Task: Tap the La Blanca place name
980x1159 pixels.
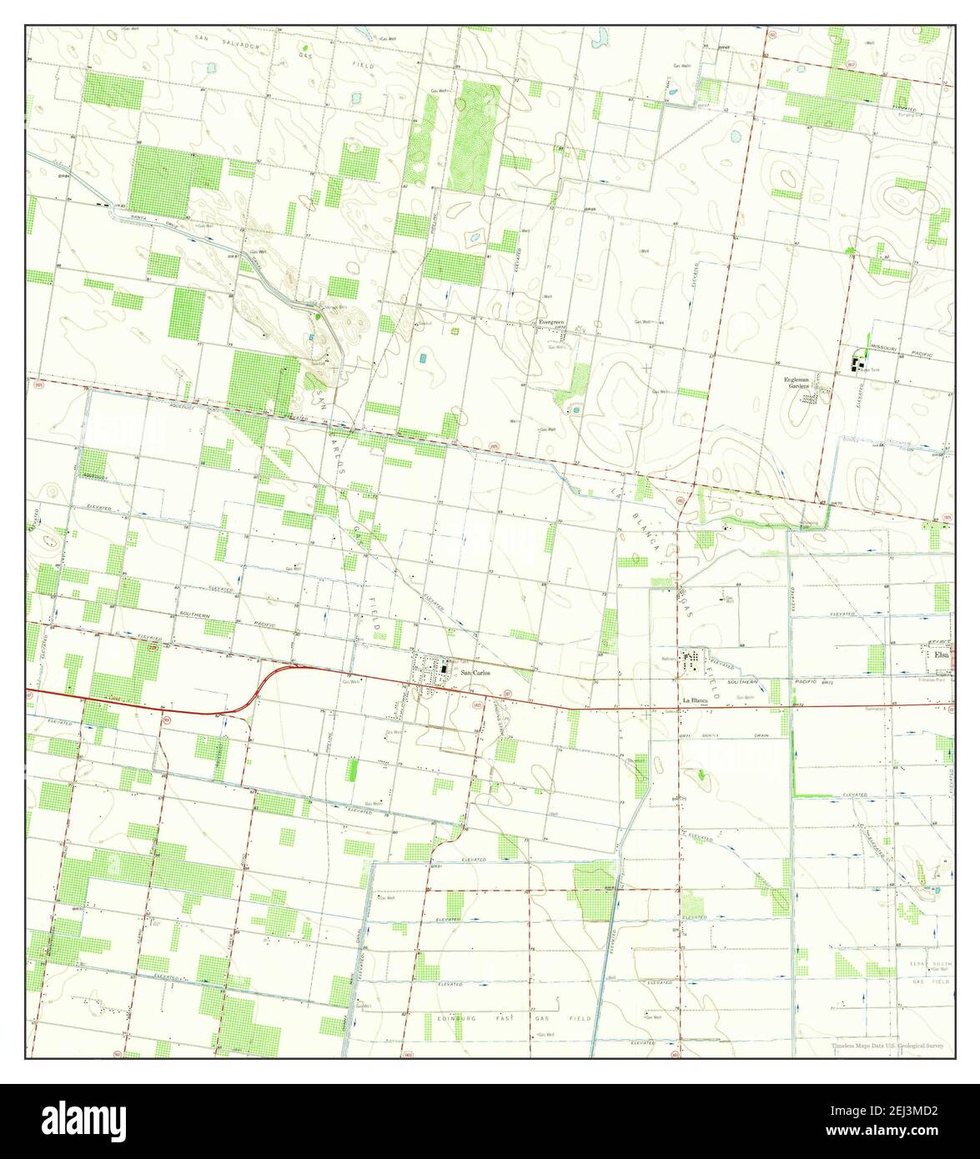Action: pos(694,700)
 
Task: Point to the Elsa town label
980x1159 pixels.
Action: pos(942,655)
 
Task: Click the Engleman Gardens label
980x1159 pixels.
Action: pos(797,383)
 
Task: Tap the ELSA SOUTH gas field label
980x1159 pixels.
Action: pos(927,963)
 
